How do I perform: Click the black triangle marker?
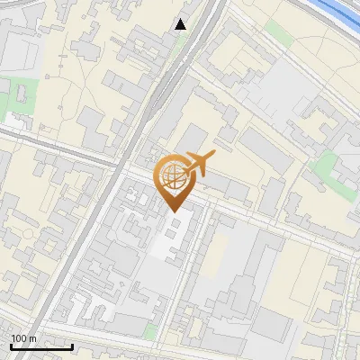click(181, 24)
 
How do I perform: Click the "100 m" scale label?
click(23, 338)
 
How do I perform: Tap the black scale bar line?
click(41, 346)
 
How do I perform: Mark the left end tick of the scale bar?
click(11, 346)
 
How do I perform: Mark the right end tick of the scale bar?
click(72, 346)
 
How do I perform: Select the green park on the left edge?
click(25, 91)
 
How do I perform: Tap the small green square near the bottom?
click(148, 331)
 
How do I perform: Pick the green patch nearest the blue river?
click(279, 33)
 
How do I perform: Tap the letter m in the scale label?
click(33, 338)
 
